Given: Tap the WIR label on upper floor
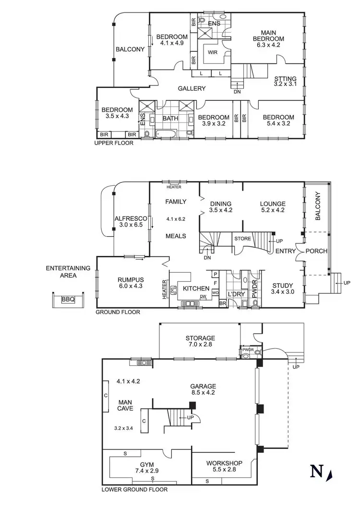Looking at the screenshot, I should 212,54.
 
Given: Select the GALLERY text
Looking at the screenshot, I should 192,88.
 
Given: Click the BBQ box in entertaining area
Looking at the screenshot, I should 68,300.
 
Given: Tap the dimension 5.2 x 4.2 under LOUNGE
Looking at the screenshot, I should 273,210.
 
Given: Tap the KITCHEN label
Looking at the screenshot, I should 196,289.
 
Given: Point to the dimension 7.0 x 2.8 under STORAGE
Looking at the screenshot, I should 200,345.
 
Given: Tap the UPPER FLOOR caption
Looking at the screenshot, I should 114,143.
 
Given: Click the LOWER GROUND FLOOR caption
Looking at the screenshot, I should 134,490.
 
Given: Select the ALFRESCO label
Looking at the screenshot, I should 127,218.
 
